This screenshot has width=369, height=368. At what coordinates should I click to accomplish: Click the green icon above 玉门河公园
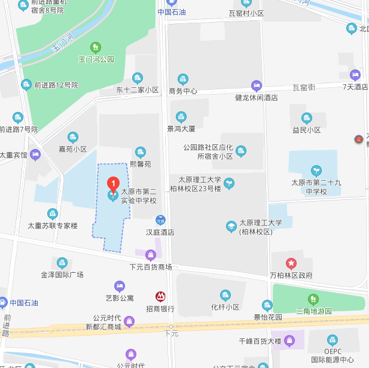click(95, 47)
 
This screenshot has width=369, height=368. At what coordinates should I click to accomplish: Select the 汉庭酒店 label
click(160, 232)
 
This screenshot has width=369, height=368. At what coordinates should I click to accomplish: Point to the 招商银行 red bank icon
click(160, 296)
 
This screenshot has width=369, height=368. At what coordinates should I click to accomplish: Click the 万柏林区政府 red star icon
click(291, 263)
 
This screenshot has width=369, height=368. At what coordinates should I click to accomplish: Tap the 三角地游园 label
click(314, 311)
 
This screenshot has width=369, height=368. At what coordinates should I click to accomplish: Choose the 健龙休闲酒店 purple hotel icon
click(257, 85)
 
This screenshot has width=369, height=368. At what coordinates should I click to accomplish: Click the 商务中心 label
click(183, 91)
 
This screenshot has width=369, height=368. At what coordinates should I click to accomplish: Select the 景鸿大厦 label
click(181, 128)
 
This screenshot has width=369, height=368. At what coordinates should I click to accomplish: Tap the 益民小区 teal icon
click(307, 118)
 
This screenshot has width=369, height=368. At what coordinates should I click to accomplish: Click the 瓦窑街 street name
click(304, 87)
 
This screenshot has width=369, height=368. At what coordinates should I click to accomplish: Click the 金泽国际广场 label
click(62, 275)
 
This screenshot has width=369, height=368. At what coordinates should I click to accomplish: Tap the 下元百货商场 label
click(151, 266)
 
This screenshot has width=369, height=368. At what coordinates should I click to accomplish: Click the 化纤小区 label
click(225, 306)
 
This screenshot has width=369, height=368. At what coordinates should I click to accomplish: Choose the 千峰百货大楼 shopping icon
click(290, 341)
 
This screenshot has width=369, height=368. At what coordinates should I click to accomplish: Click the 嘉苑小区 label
click(73, 149)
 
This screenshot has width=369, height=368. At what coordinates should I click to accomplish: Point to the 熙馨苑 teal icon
click(141, 152)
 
